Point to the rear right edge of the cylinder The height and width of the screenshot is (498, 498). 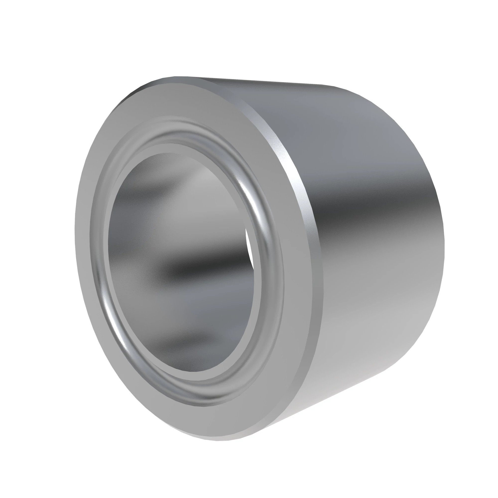coord(442,232)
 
